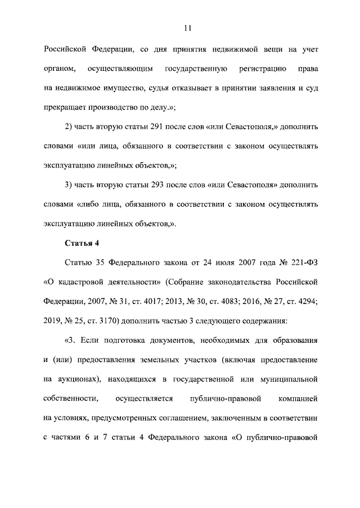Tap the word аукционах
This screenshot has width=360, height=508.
[77, 379]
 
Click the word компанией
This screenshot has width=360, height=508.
[298, 398]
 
